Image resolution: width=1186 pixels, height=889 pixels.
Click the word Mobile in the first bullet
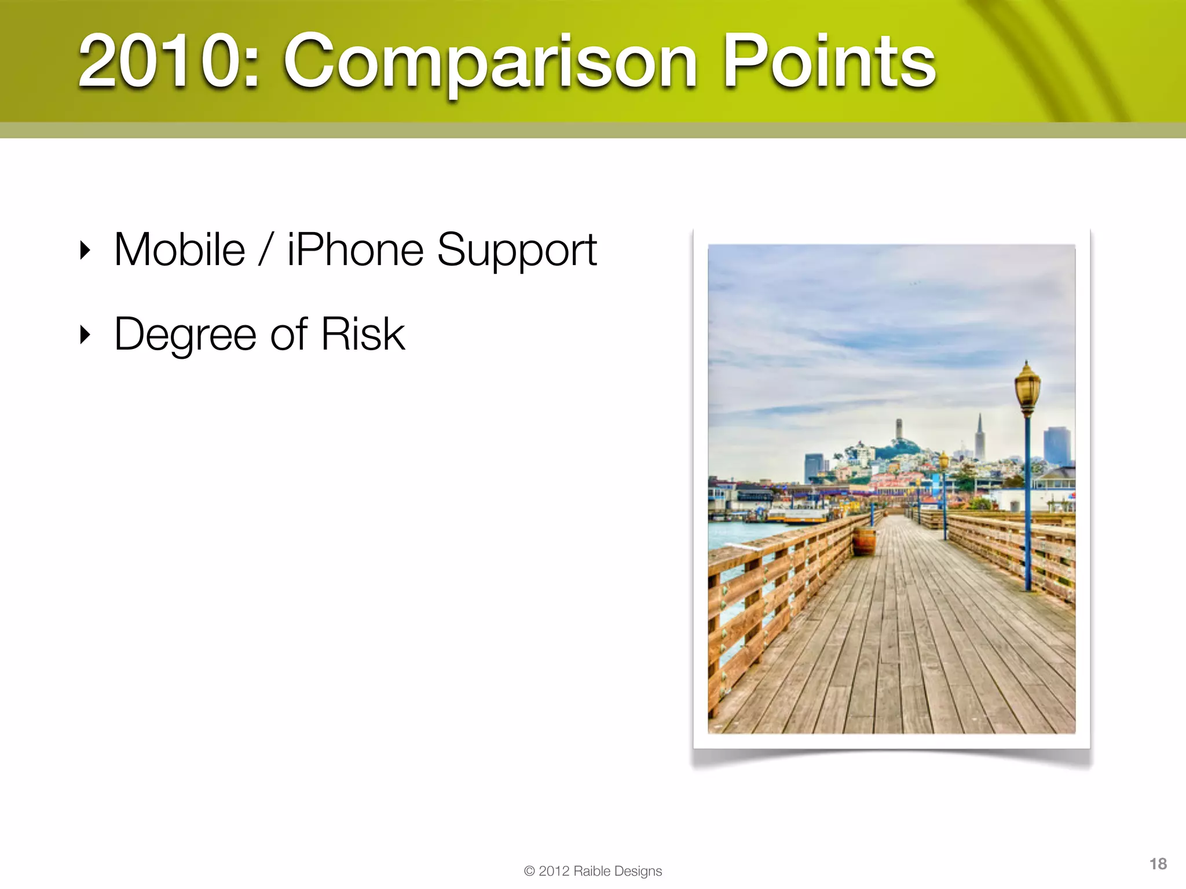pyautogui.click(x=180, y=250)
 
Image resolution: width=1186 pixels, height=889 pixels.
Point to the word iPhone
pyautogui.click(x=355, y=250)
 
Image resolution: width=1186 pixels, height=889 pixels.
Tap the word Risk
pyautogui.click(x=363, y=334)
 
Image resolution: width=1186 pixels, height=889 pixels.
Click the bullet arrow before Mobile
pyautogui.click(x=85, y=251)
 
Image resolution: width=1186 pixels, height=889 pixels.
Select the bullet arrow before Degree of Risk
pyautogui.click(x=85, y=335)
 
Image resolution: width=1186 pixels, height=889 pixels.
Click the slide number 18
pyautogui.click(x=1158, y=864)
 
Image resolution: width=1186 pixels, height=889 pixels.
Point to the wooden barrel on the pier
pyautogui.click(x=864, y=541)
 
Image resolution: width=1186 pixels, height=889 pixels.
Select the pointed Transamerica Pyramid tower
pyautogui.click(x=979, y=437)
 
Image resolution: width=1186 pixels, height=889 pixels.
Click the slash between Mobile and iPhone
pyautogui.click(x=266, y=251)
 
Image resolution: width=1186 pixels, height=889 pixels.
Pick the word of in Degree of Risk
pyautogui.click(x=288, y=335)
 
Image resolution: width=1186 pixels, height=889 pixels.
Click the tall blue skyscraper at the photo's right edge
pyautogui.click(x=1056, y=446)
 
